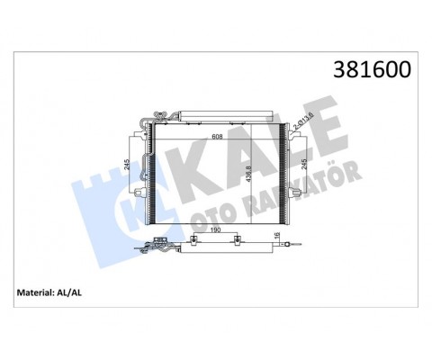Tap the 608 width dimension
[x=217, y=138]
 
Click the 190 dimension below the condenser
[x=217, y=229]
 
